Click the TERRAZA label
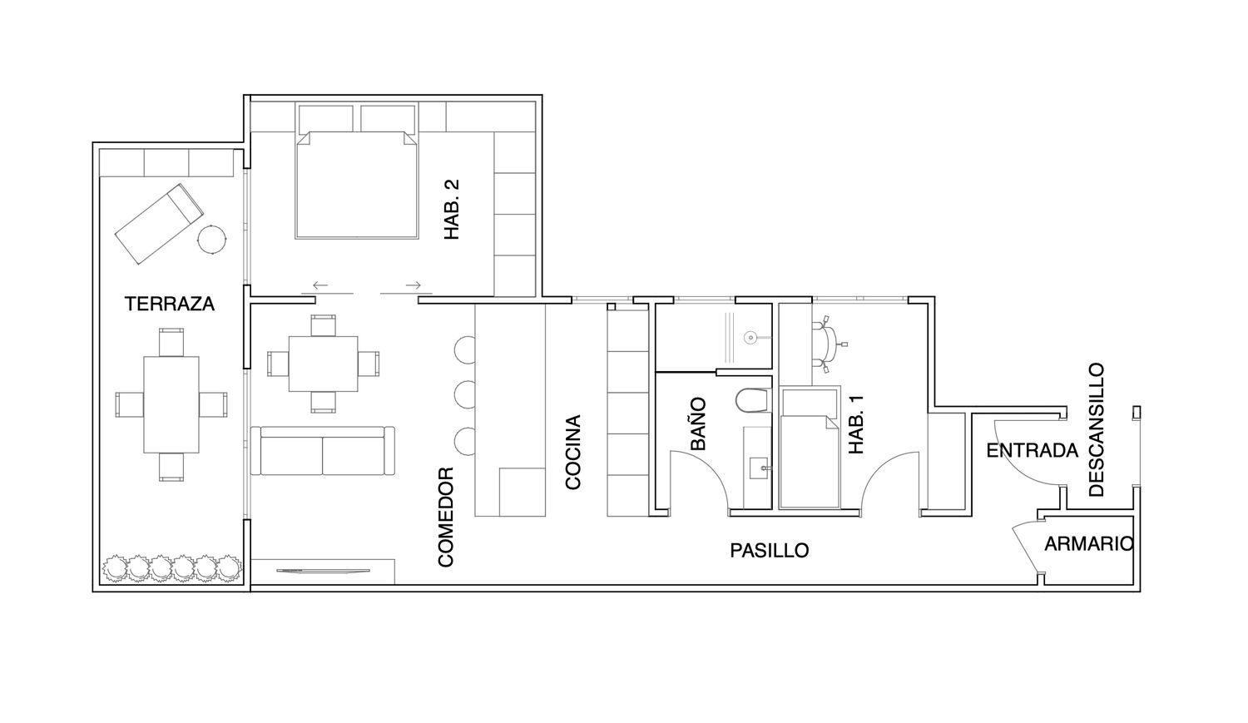click(170, 305)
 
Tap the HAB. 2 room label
click(452, 210)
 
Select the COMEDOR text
click(446, 517)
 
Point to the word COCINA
click(573, 453)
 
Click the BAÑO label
click(698, 423)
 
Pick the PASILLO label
click(770, 551)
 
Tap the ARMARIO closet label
click(1088, 544)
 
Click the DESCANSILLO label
click(1097, 430)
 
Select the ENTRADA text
click(1033, 451)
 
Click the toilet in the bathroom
click(752, 400)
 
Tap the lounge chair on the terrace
click(159, 223)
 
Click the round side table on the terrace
click(212, 239)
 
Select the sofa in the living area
click(323, 451)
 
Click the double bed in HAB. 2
click(357, 186)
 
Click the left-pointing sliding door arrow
click(320, 285)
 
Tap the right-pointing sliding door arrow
click(414, 285)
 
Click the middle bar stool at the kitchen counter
click(464, 395)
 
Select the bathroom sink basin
click(760, 468)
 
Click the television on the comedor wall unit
click(323, 571)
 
